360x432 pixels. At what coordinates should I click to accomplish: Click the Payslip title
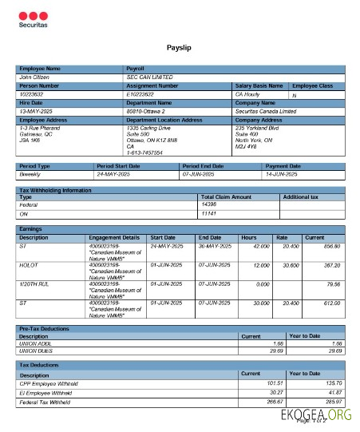coord(179,49)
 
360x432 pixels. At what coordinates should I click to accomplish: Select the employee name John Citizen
coord(36,77)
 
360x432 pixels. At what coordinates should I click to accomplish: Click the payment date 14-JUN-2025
coord(282,173)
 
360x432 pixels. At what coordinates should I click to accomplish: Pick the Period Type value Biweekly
coord(33,173)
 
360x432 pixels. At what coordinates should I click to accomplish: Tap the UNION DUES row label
coord(38,349)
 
